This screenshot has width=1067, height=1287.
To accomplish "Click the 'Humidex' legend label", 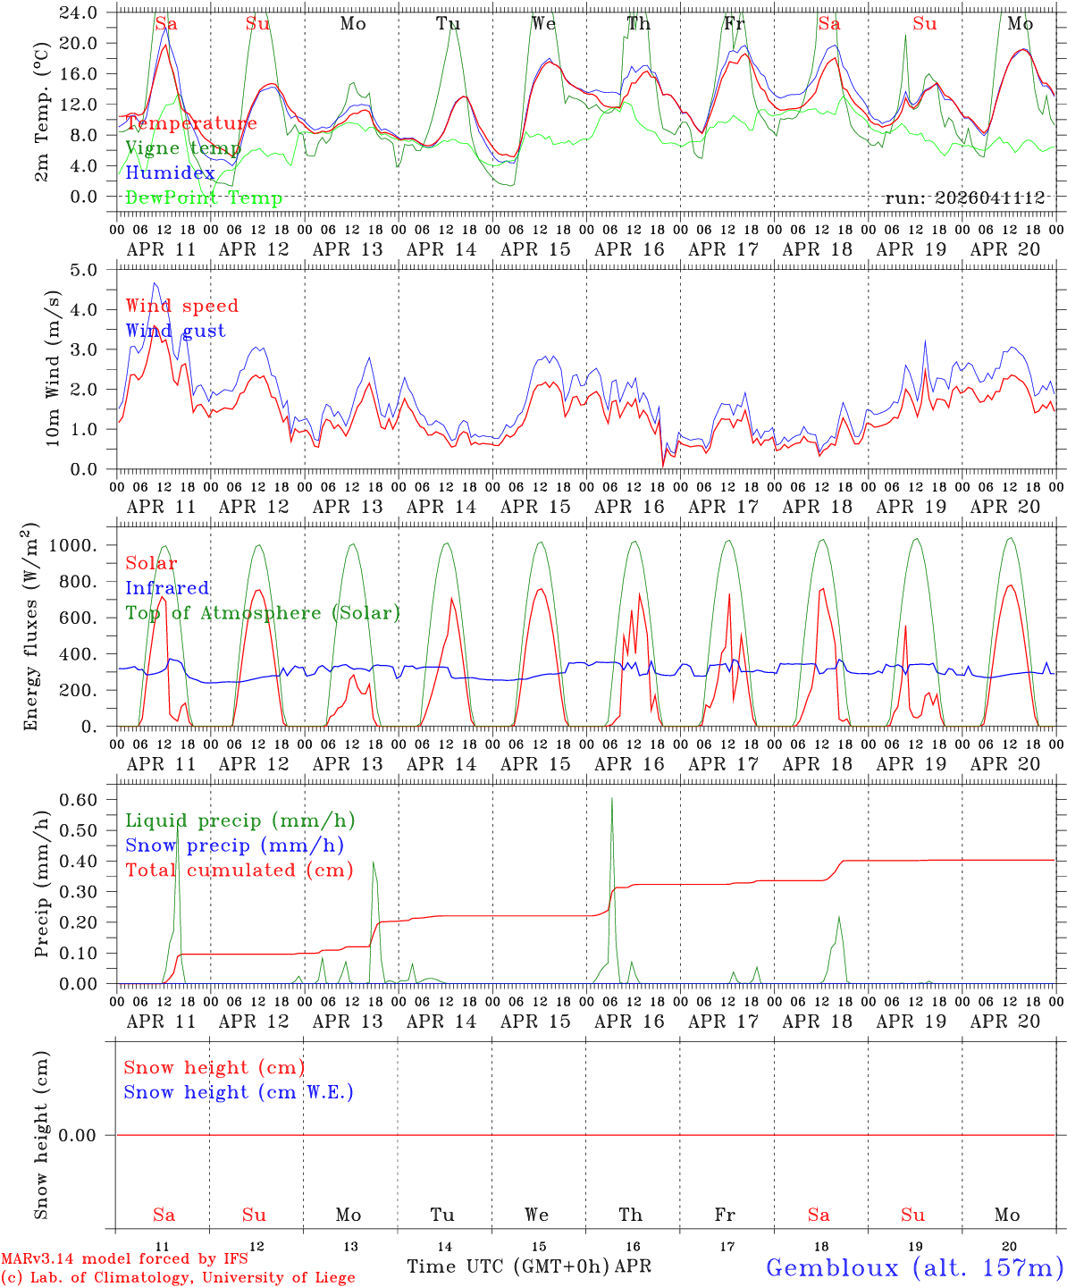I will pos(170,173).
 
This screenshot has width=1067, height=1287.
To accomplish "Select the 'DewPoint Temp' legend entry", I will pos(204,198).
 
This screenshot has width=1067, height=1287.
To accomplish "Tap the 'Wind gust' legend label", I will pos(175,331).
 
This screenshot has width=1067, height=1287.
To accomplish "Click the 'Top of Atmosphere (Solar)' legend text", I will pos(262,613).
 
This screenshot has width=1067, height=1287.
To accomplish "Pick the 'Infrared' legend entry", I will pos(167,588).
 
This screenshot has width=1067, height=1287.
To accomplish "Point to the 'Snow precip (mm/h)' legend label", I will pos(234,845).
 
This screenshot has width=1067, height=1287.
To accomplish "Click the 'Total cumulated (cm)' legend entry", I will pos(239,871).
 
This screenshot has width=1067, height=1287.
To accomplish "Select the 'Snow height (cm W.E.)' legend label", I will pos(238,1092).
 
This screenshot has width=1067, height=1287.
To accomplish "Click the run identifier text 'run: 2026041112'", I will pos(964,198).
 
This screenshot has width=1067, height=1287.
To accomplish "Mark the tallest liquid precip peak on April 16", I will pos(612,798).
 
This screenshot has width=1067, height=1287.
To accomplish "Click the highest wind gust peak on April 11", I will pos(155,283).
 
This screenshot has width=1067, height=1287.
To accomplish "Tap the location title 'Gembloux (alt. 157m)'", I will pos(914,1267).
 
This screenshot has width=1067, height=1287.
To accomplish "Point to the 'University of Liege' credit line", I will pos(178,1278).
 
